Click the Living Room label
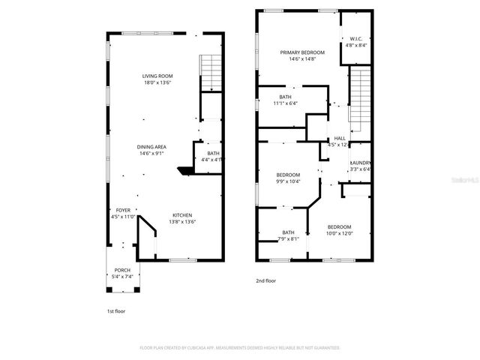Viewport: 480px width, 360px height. pyautogui.click(x=158, y=76)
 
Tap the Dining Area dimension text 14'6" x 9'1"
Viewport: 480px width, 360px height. pyautogui.click(x=151, y=153)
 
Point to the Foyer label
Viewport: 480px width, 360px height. pyautogui.click(x=122, y=211)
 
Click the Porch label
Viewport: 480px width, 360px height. pyautogui.click(x=122, y=270)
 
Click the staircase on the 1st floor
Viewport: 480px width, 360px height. pyautogui.click(x=211, y=73)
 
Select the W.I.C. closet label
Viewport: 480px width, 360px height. pyautogui.click(x=357, y=39)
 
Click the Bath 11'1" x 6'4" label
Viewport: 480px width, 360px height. pyautogui.click(x=286, y=97)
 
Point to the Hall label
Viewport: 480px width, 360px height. pyautogui.click(x=340, y=139)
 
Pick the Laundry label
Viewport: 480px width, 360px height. pyautogui.click(x=361, y=163)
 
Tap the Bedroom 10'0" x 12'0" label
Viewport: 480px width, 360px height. pyautogui.click(x=339, y=227)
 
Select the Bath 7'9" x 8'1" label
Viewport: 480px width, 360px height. pyautogui.click(x=289, y=232)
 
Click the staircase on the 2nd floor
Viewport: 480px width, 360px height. pyautogui.click(x=361, y=97)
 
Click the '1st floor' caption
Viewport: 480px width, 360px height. pyautogui.click(x=116, y=309)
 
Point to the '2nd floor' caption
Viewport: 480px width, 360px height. pyautogui.click(x=266, y=280)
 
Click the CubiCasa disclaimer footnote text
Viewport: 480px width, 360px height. pyautogui.click(x=240, y=348)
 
